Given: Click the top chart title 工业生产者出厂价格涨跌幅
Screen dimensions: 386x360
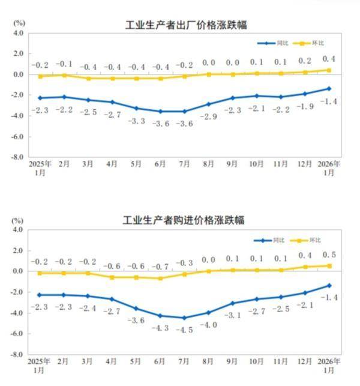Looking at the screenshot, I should click(x=186, y=25).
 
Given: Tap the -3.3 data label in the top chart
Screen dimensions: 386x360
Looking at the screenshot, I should click(x=137, y=121).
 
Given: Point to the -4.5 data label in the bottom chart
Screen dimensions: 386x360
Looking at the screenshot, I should click(x=184, y=330).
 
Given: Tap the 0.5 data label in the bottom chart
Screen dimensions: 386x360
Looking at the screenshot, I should click(x=329, y=255).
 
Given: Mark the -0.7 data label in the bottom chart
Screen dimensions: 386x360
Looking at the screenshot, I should click(x=160, y=266).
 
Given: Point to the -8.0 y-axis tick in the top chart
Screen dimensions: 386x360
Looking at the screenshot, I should click(x=17, y=157).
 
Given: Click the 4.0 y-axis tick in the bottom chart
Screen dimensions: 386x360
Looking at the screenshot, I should click(x=17, y=229).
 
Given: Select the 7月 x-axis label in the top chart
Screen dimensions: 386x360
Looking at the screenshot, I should click(x=184, y=164).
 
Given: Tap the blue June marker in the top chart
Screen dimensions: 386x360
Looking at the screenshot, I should click(x=160, y=111).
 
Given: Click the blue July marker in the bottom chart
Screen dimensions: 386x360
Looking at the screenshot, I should click(x=184, y=318).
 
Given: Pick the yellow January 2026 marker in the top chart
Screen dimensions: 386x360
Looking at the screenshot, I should click(x=329, y=70).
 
